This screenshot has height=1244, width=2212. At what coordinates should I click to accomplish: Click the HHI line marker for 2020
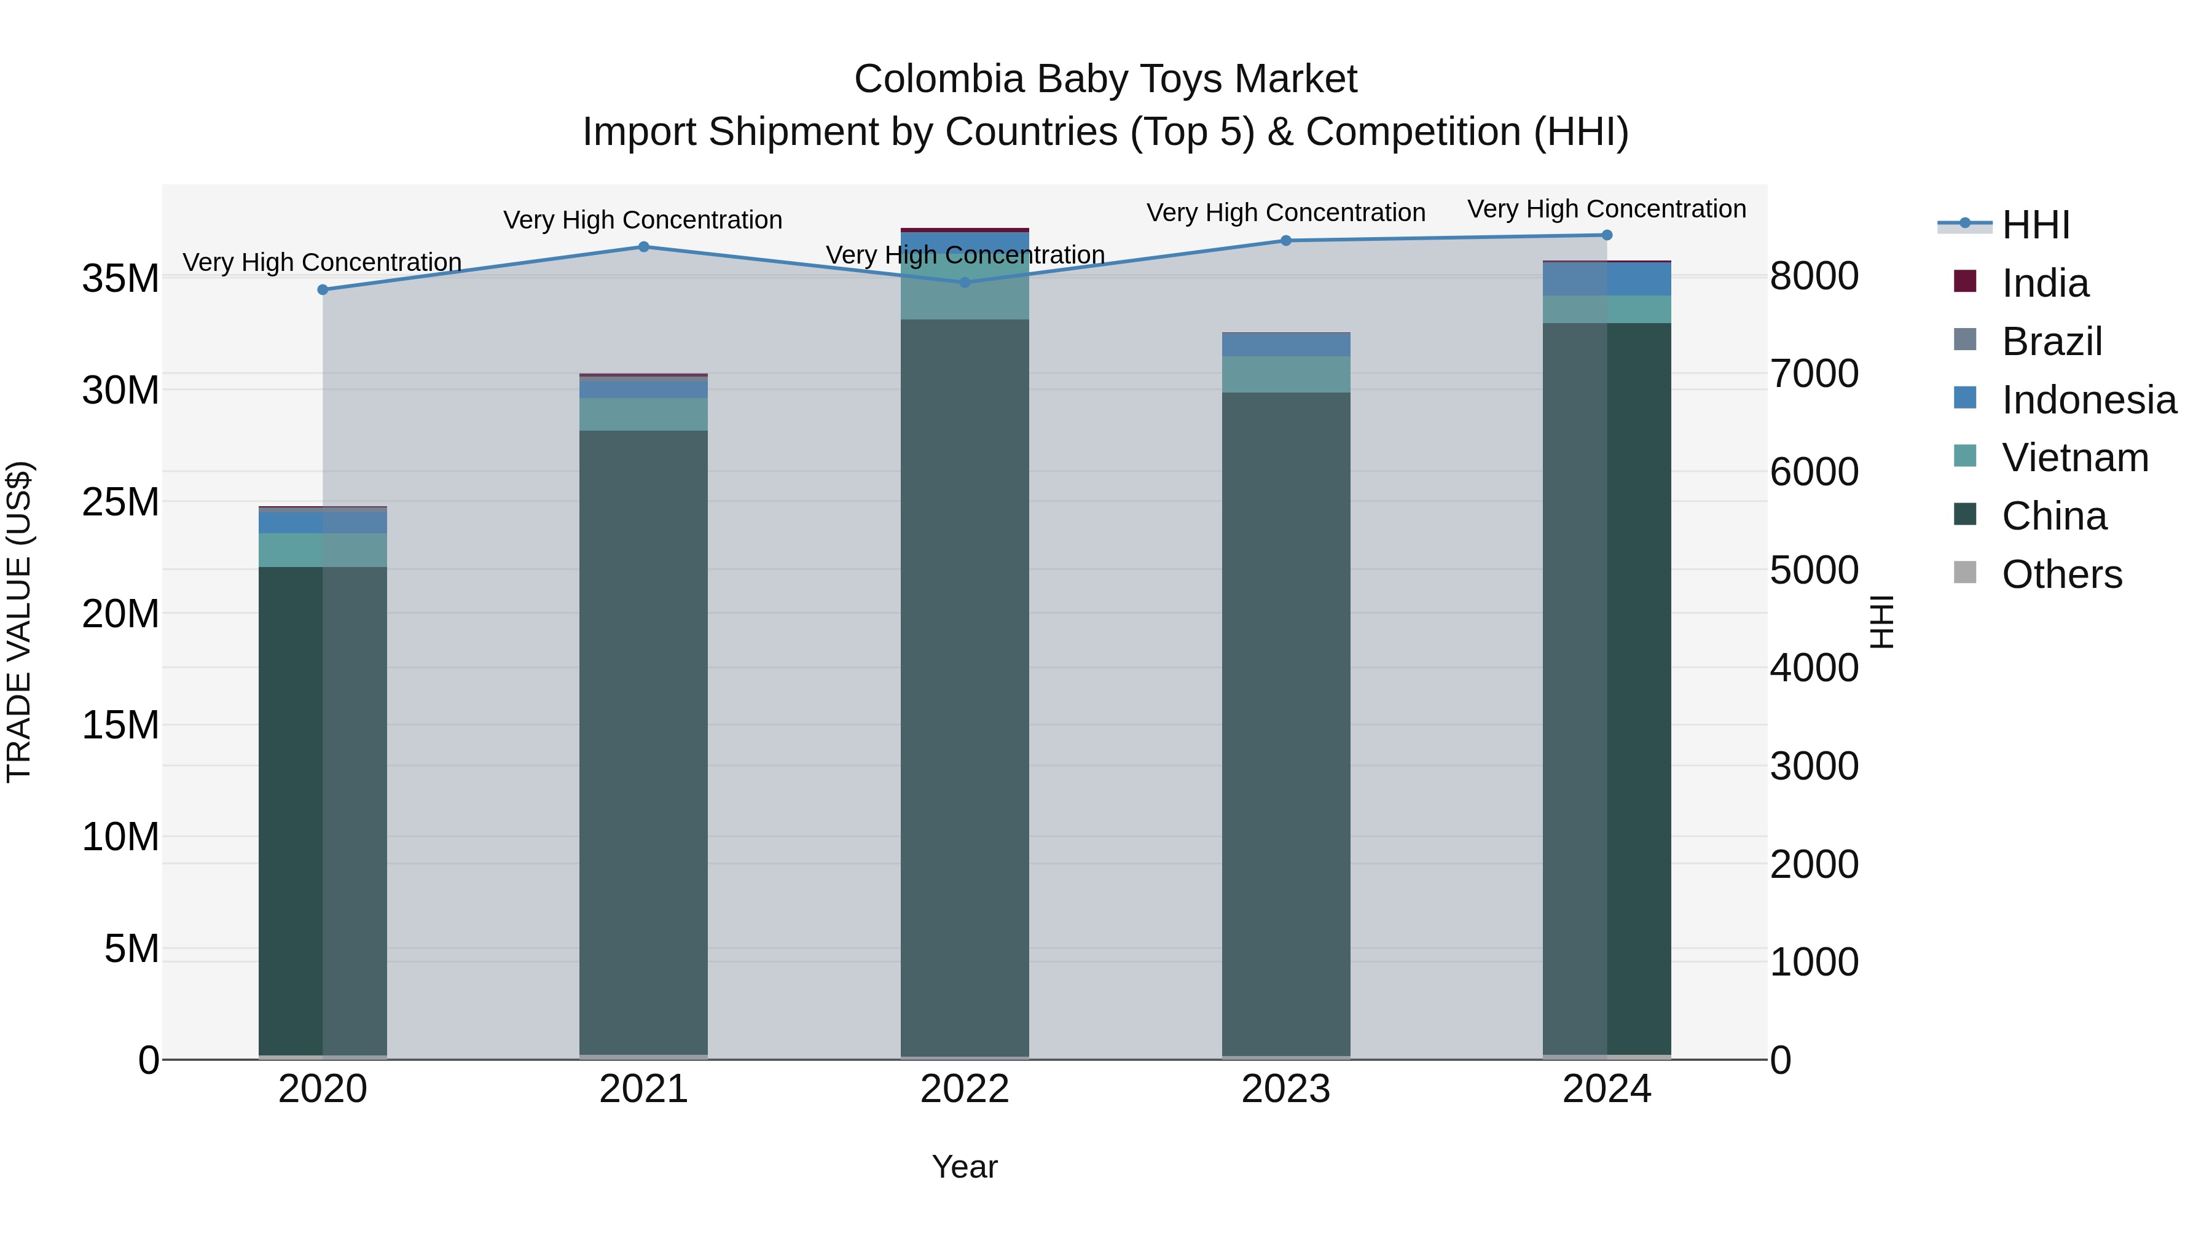pos(323,290)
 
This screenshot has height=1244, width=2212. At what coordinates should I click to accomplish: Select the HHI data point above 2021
pos(644,247)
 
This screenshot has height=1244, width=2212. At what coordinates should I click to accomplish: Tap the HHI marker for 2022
pos(964,283)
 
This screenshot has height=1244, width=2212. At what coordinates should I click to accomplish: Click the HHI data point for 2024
pos(1607,235)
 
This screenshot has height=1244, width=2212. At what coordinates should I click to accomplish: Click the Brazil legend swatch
pos(1965,340)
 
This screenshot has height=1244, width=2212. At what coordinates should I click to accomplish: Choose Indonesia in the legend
pos(2088,400)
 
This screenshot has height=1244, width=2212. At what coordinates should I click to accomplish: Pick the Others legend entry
pos(2061,574)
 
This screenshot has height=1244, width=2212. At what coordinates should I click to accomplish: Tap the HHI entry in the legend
pos(2035,225)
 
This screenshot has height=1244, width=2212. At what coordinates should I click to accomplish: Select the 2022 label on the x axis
pos(964,1089)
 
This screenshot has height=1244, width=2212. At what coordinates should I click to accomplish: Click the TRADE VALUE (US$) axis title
pos(19,622)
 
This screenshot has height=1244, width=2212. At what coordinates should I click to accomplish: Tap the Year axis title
pos(964,1167)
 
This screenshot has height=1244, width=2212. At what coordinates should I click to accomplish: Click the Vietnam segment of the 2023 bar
pos(1285,374)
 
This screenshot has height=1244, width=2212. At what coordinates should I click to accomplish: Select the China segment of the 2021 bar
pos(644,738)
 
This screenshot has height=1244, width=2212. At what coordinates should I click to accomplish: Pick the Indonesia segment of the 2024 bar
pos(1607,279)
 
